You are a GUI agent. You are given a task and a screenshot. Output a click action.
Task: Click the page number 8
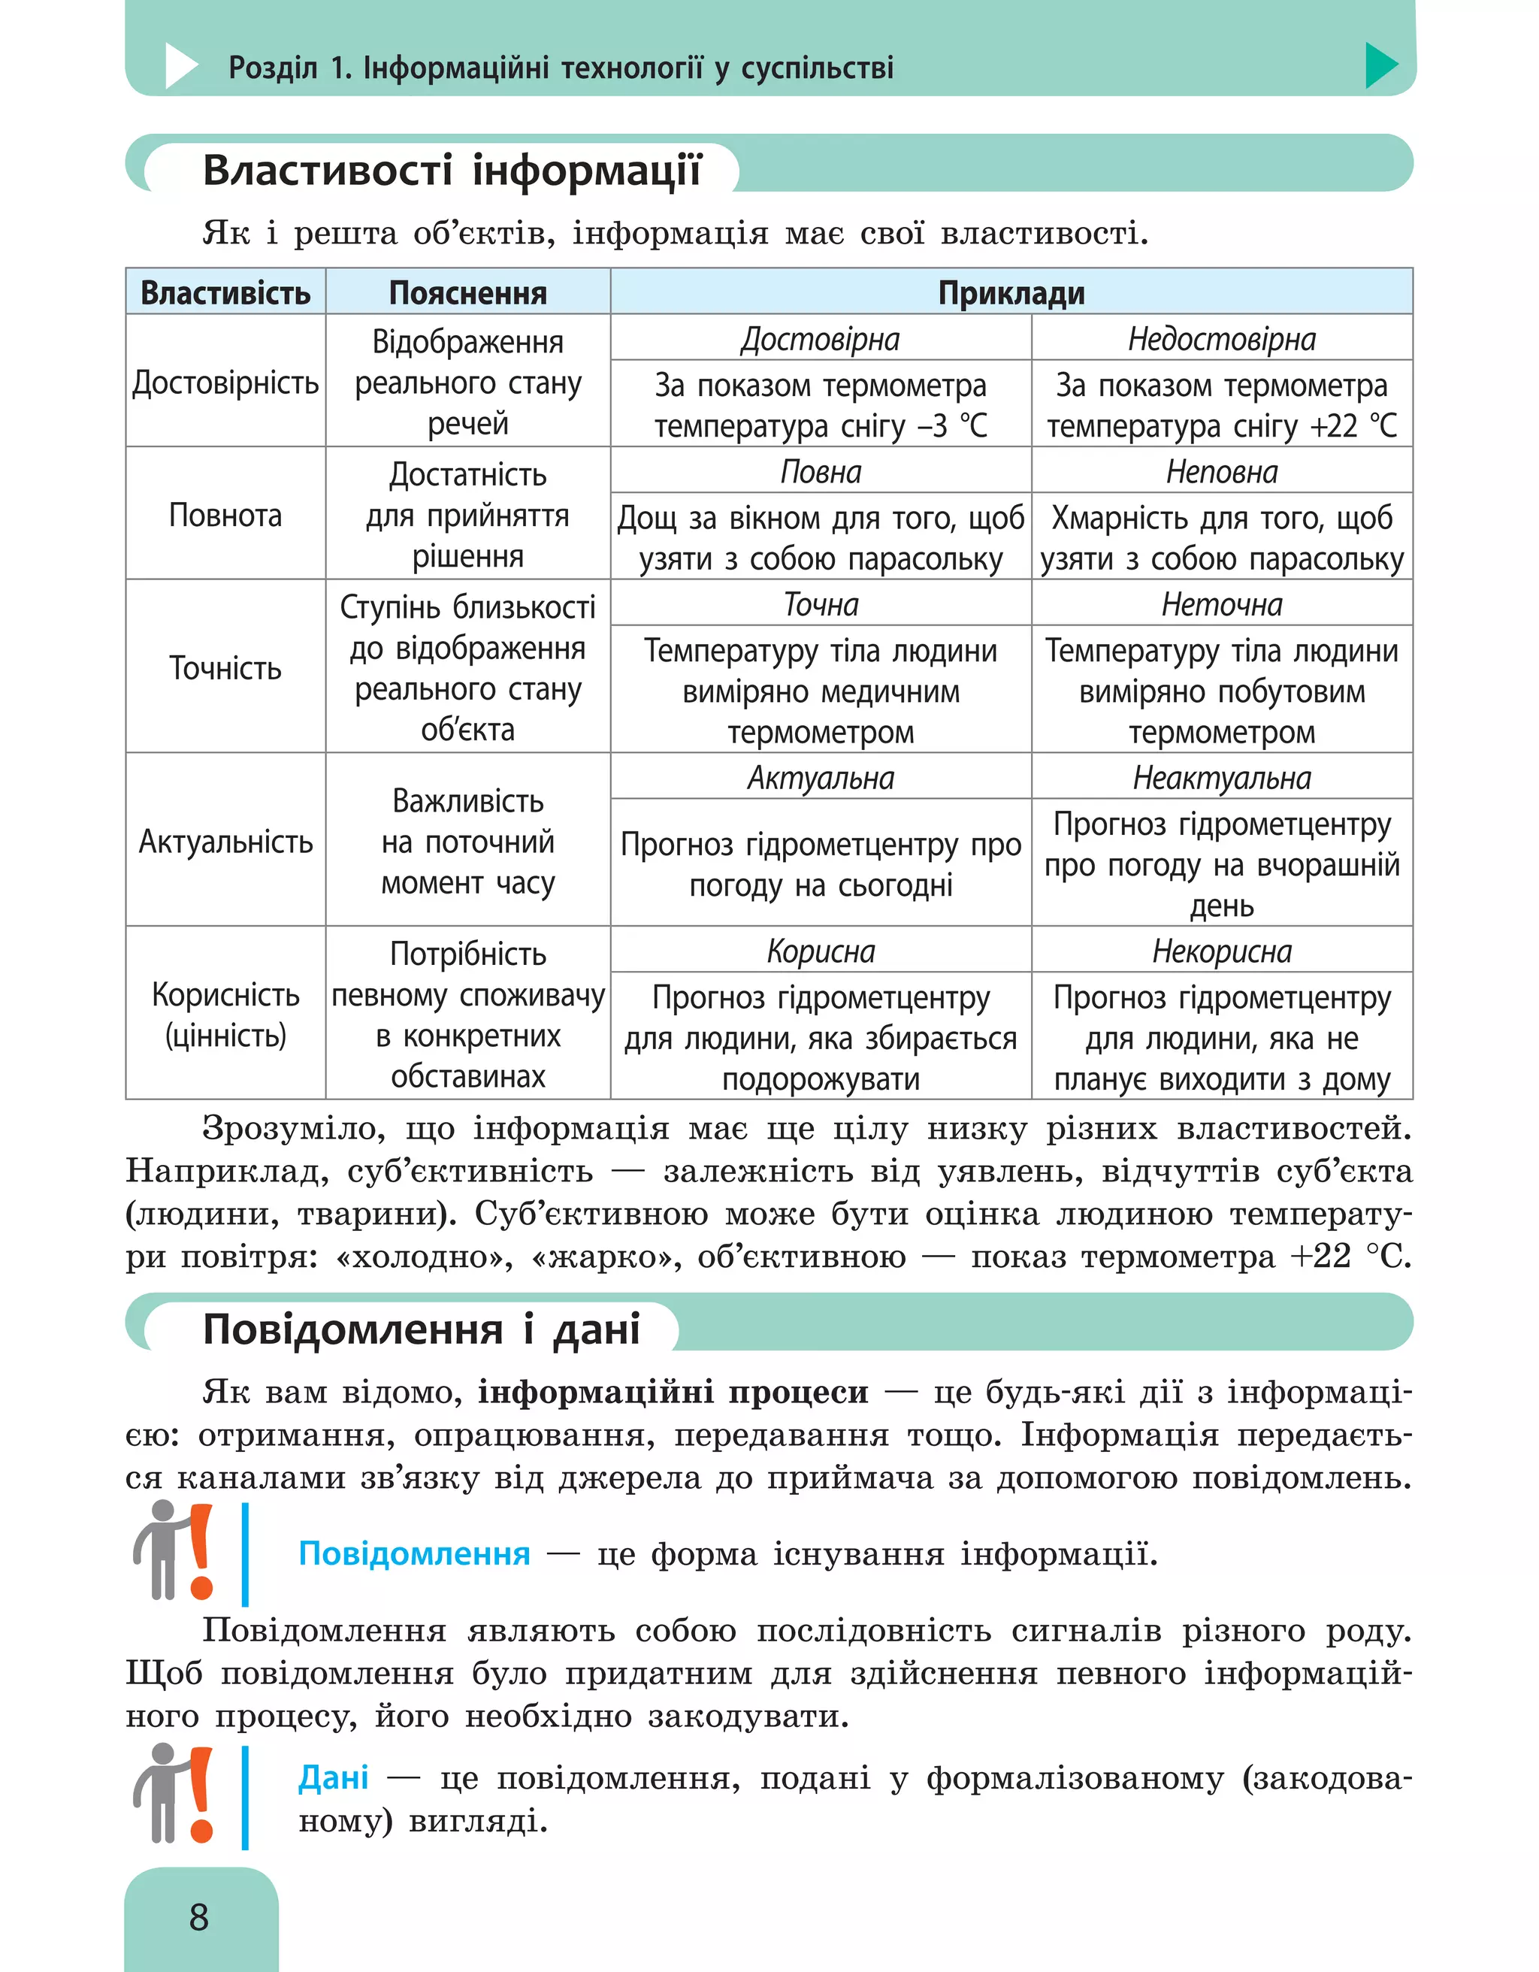click(x=198, y=1916)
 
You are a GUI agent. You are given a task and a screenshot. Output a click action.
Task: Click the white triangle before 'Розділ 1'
click(x=180, y=66)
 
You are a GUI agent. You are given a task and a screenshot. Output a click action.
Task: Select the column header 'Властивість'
click(x=225, y=293)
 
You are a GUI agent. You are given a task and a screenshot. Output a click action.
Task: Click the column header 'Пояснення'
click(x=467, y=293)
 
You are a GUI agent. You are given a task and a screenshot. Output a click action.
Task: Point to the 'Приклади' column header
click(x=1011, y=293)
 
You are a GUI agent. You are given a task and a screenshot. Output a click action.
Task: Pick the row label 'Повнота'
click(x=225, y=516)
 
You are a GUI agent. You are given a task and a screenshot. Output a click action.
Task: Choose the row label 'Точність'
click(x=225, y=668)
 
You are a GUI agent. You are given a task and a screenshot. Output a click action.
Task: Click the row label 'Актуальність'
click(x=225, y=842)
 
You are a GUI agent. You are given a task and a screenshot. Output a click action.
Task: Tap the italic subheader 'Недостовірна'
click(x=1221, y=340)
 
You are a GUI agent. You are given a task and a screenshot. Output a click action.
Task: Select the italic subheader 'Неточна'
click(x=1221, y=604)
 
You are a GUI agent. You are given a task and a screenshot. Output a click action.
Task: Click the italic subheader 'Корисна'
click(x=821, y=951)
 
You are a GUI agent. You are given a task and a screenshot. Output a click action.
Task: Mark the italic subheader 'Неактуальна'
click(x=1221, y=777)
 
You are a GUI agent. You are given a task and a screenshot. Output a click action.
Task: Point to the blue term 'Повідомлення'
click(x=414, y=1554)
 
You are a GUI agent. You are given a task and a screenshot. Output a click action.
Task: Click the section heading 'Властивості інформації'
click(x=452, y=171)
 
